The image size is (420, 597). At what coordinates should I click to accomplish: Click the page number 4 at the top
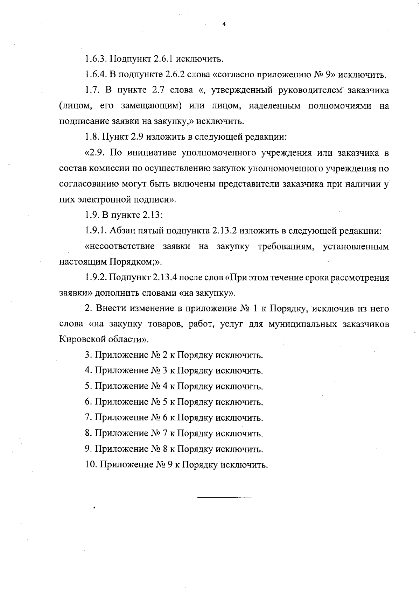(x=224, y=24)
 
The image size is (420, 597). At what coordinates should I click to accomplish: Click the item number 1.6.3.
(x=96, y=59)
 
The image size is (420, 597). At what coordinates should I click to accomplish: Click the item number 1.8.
(x=92, y=137)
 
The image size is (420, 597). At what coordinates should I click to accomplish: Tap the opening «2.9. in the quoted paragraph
(x=95, y=153)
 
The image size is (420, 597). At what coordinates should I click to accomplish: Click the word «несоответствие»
(x=120, y=247)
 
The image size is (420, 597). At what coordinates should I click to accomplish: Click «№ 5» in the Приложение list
(x=159, y=402)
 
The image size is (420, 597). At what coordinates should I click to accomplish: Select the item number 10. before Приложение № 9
(x=91, y=465)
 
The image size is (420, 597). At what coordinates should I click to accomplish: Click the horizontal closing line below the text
(x=224, y=497)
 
